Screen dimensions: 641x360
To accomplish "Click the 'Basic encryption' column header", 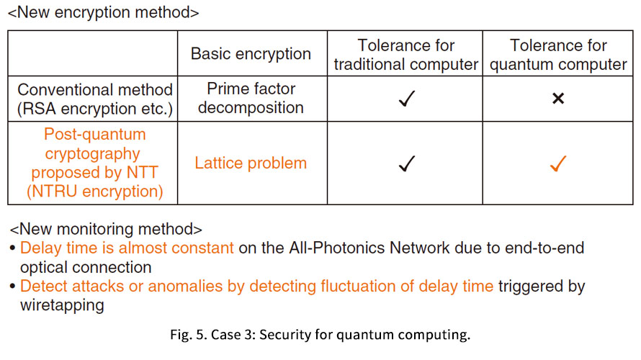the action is [251, 53].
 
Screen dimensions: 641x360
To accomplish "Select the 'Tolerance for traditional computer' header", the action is [406, 55].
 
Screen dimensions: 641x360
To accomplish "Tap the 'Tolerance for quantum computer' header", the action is [558, 55].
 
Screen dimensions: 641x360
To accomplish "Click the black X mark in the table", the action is [558, 98].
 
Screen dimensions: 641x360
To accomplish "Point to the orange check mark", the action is [558, 163].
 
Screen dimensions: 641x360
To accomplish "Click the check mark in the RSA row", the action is [407, 99].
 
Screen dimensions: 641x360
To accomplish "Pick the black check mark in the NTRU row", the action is [407, 163].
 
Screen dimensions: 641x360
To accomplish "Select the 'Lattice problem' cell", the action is [251, 163].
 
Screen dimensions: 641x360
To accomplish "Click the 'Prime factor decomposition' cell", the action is [251, 98].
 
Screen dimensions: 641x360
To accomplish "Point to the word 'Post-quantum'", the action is [95, 134].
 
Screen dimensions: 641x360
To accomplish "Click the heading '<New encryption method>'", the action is [104, 12].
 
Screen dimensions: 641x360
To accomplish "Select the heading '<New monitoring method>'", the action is [106, 229].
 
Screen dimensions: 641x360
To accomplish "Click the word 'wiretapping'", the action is [62, 305].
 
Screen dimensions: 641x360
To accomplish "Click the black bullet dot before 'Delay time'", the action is [13, 248].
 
